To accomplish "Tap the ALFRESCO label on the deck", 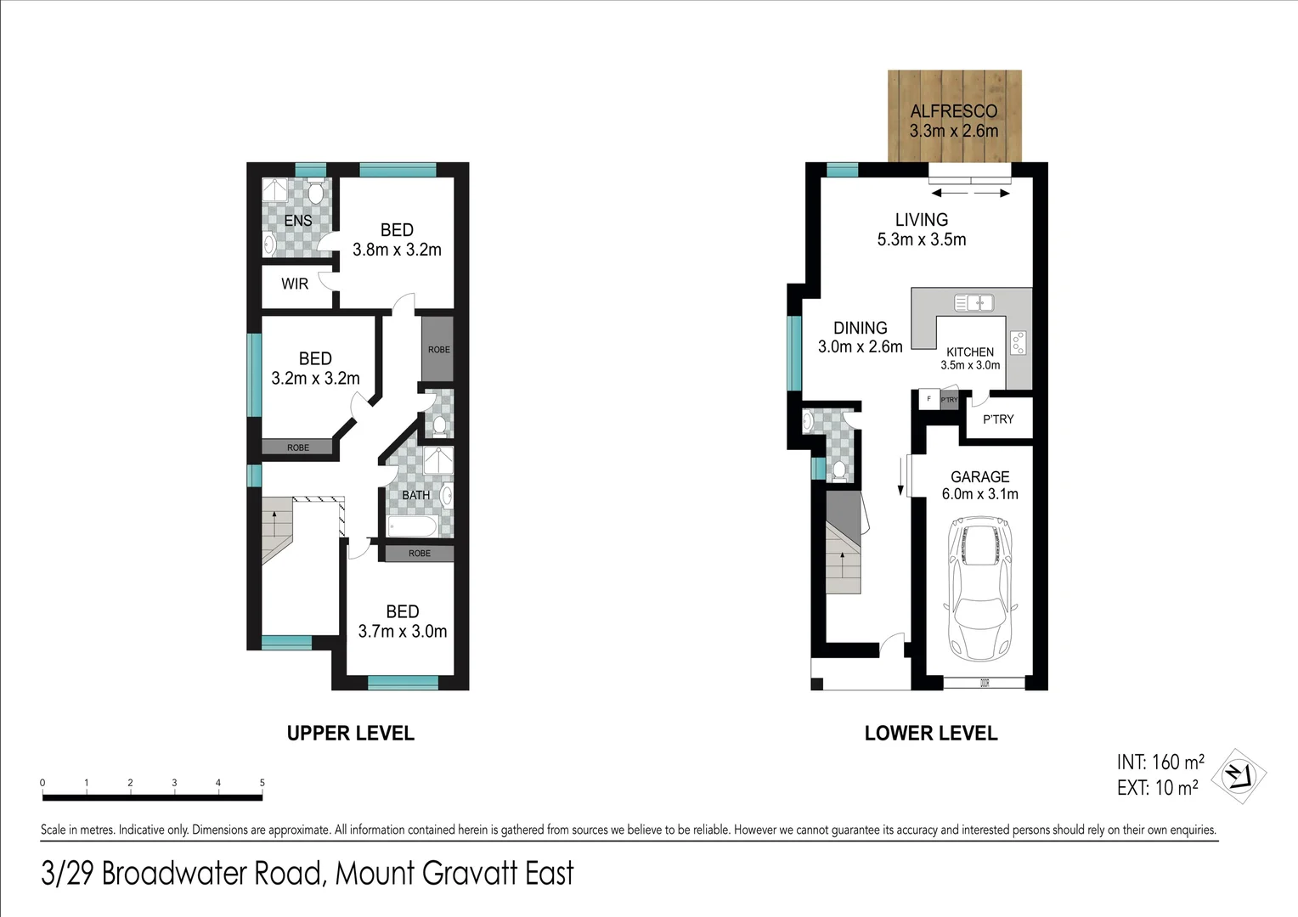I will coord(953,111).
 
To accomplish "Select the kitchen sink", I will coord(973,301).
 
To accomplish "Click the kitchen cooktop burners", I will coord(1019,342).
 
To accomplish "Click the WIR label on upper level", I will coord(295,284).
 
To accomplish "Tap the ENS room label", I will coord(297,220).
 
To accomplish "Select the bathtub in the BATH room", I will coord(412,526).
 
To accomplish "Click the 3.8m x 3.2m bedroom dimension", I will coord(397,250).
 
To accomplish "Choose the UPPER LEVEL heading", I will coord(350,733).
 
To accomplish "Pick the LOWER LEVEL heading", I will coord(930,733).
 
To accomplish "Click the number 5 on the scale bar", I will coord(262,783).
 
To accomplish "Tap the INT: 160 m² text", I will coord(1160,762).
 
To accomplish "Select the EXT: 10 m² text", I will coord(1157,788).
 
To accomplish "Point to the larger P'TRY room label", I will coord(998,419).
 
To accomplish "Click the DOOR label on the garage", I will coord(985,683).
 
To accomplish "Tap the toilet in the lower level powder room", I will coord(838,470).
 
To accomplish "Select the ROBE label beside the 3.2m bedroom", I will coord(297,447).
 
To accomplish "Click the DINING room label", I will coord(860,328).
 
